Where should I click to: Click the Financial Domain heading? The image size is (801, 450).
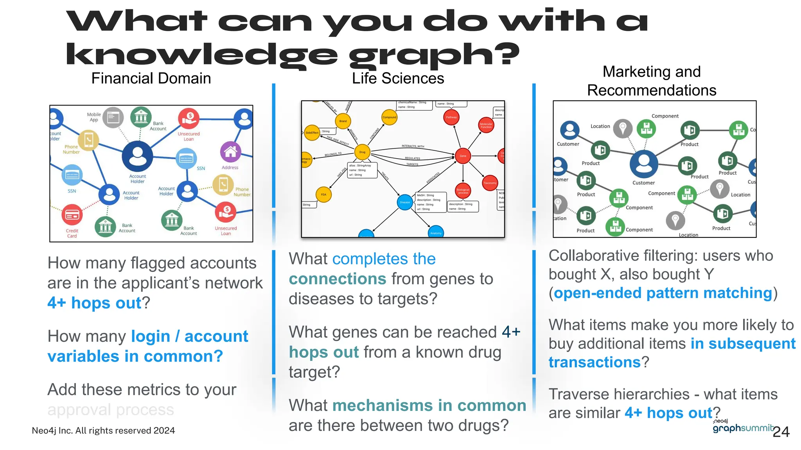[x=151, y=79]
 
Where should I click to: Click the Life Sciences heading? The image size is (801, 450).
[x=398, y=79]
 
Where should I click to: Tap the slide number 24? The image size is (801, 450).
[x=781, y=432]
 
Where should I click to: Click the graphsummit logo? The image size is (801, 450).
[x=743, y=428]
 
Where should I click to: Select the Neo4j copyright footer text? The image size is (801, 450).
[x=103, y=430]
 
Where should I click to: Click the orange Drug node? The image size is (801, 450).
[x=362, y=152]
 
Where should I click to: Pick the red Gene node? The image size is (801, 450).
[x=463, y=156]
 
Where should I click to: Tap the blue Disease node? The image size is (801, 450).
[x=405, y=202]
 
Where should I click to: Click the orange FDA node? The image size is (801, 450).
[x=323, y=195]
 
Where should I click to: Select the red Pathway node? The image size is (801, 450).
[x=451, y=117]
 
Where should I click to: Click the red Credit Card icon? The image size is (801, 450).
[x=72, y=215]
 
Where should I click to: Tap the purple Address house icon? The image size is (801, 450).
[x=230, y=152]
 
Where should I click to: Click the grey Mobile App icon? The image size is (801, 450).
[x=113, y=117]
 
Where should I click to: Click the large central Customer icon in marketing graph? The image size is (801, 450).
[x=644, y=164]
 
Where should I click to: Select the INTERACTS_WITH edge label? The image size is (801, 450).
[x=413, y=146]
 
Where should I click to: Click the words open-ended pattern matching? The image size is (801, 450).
[x=663, y=293]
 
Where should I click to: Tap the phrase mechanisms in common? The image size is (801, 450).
[x=429, y=405]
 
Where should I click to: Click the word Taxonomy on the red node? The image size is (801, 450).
[x=490, y=183]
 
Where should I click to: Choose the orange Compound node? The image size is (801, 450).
[x=389, y=117]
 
